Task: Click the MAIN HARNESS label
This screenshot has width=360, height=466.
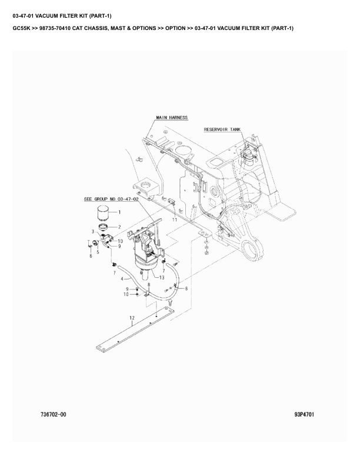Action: point(172,118)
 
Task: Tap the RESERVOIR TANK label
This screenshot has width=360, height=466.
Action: point(222,129)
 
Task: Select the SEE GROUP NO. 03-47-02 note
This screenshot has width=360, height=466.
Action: point(111,199)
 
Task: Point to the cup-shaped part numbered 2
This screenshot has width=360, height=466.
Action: point(104,227)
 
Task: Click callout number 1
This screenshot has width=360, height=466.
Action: point(119,212)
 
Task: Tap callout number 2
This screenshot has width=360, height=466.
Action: point(119,227)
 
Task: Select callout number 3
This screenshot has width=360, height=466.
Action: point(93,231)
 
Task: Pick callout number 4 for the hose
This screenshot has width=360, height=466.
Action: point(122,279)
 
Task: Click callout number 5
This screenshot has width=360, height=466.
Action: point(98,252)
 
